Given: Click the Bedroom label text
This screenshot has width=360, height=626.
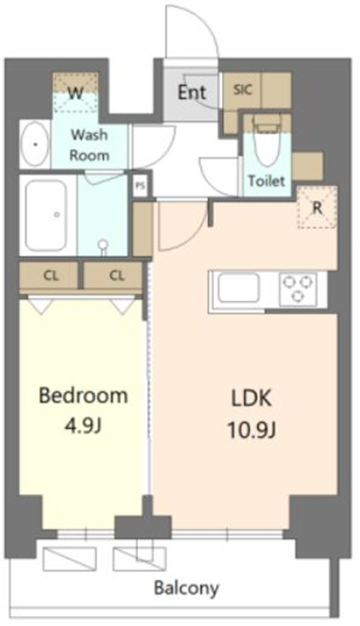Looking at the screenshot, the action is click(x=84, y=395).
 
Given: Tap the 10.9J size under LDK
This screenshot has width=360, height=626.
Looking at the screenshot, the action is click(x=252, y=430).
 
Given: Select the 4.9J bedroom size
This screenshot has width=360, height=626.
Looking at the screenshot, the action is click(x=83, y=426).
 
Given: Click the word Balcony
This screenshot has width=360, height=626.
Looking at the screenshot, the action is click(x=186, y=588).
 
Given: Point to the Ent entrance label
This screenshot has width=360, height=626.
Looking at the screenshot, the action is click(x=192, y=93).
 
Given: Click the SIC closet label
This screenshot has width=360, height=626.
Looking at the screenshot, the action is click(x=243, y=89).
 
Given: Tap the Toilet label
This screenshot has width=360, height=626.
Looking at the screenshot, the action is click(x=266, y=181).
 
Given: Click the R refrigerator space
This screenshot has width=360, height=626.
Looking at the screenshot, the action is click(x=318, y=207).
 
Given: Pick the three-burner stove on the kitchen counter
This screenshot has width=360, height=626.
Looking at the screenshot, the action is click(x=298, y=289).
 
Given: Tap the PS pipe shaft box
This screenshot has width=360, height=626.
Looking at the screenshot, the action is click(x=139, y=186).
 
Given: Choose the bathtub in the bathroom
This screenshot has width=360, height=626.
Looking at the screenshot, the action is click(x=46, y=215).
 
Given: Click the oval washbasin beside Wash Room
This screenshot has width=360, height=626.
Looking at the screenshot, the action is click(x=35, y=144).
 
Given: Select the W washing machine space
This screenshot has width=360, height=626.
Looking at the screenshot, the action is click(x=76, y=94).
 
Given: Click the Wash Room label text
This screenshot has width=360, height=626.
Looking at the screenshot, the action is click(x=89, y=145).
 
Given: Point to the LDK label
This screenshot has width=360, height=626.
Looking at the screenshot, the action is click(x=251, y=399).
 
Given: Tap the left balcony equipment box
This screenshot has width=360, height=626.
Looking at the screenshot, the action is click(x=69, y=558).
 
